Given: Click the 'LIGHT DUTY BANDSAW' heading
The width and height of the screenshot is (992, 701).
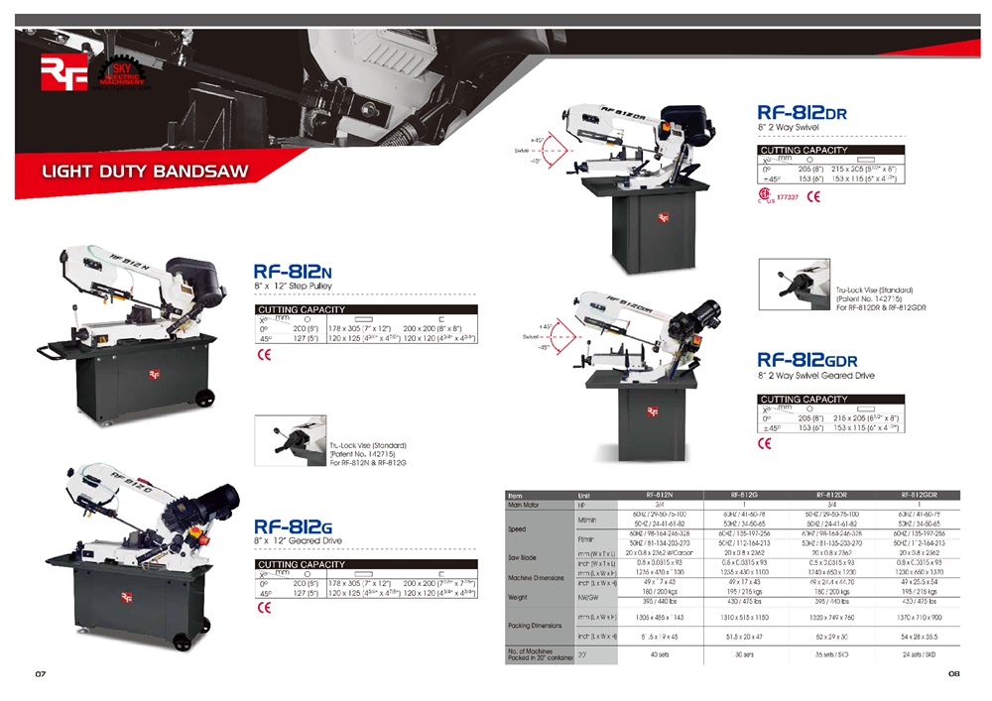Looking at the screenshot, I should (145, 172).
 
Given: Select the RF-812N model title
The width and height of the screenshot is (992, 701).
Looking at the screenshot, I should (293, 270).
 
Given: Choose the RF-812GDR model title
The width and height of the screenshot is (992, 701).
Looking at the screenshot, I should (806, 360).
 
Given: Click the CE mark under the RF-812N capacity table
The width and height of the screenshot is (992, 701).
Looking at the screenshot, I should (264, 354).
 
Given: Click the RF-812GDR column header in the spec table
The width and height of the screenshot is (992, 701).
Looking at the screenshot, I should (919, 494).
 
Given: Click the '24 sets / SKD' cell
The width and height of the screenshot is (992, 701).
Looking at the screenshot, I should (919, 653).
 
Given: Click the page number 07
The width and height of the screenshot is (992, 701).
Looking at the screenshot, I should (41, 674).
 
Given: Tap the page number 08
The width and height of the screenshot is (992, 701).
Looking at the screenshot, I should (953, 674).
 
